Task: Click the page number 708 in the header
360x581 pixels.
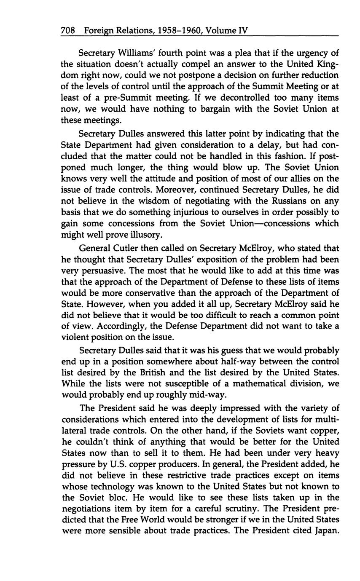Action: pyautogui.click(x=68, y=30)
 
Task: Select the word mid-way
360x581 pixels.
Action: pyautogui.click(x=212, y=395)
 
